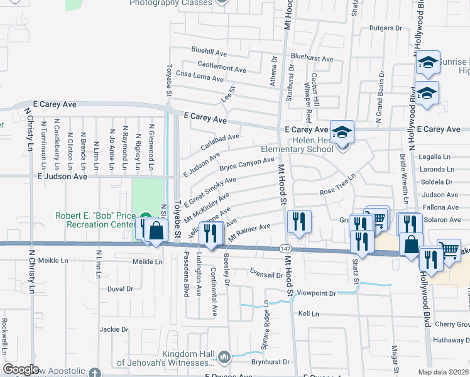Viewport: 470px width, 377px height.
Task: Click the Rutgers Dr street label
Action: [x=385, y=28]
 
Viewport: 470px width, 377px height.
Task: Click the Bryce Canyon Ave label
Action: [x=247, y=165]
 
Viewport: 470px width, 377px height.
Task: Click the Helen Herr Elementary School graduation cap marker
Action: [x=342, y=133]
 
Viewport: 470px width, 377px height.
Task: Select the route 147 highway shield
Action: [x=285, y=249]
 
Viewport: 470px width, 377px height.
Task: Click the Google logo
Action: [x=21, y=369]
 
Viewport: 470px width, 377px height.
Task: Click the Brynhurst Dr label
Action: [x=270, y=362]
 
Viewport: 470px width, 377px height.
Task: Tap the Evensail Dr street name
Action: [x=266, y=275]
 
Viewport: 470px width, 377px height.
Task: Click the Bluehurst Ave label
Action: [x=312, y=58]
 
